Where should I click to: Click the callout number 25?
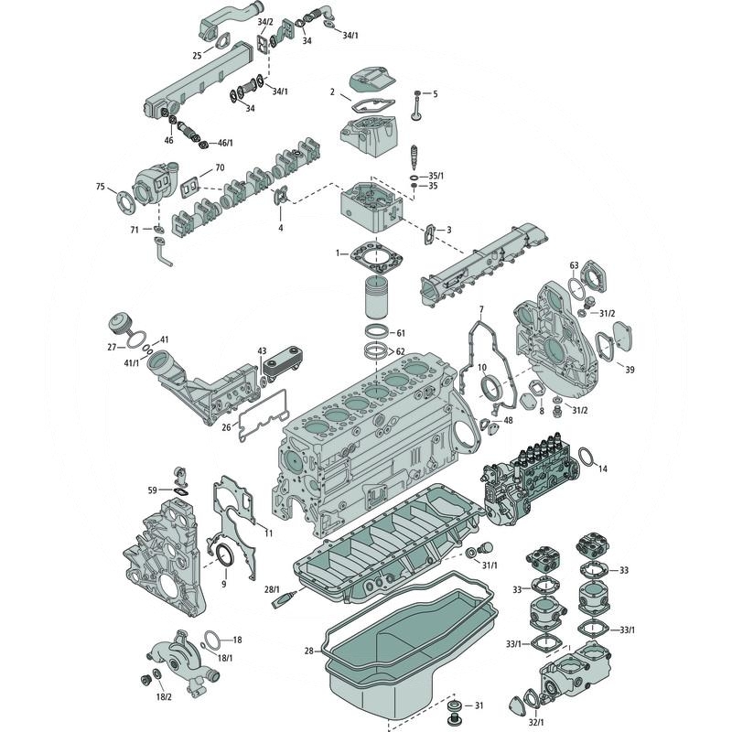click(197, 56)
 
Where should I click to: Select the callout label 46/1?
click(223, 144)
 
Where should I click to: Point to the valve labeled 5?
click(417, 108)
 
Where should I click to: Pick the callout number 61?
click(400, 332)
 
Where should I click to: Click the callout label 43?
click(262, 351)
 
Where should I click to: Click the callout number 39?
click(630, 369)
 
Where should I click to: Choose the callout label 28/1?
click(271, 588)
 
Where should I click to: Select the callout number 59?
click(153, 490)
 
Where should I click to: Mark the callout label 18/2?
click(163, 696)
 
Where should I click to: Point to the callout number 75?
click(101, 187)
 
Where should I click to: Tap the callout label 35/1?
click(435, 175)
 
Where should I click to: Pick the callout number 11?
click(268, 533)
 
